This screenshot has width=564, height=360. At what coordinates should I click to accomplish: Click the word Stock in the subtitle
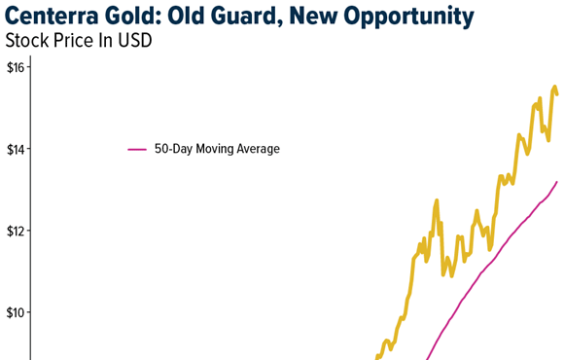(27, 42)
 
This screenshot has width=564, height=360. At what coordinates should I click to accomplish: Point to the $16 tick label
(18, 68)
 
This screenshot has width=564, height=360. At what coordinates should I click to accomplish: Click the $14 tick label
(18, 149)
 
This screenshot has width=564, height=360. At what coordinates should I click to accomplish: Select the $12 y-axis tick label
(18, 231)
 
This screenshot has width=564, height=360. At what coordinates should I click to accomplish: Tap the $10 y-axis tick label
(18, 312)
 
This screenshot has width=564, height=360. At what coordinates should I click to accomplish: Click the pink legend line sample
(137, 150)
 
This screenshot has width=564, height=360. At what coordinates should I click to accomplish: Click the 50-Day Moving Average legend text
(217, 150)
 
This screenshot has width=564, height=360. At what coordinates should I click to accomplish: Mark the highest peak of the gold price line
(554, 88)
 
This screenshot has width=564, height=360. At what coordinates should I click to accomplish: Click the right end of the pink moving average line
(557, 182)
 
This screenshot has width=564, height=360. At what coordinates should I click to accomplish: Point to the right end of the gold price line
(557, 94)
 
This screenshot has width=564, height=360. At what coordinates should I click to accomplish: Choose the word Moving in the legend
(211, 150)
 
